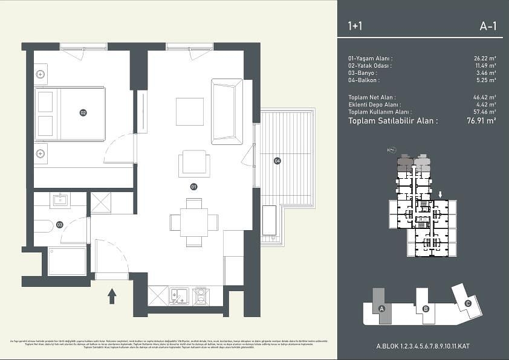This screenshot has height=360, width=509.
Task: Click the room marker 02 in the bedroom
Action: click(x=83, y=112)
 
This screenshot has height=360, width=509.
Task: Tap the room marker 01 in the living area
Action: click(x=194, y=187)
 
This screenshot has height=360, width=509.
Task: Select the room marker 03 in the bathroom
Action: click(x=59, y=225)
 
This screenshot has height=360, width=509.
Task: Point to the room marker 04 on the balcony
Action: click(x=277, y=161)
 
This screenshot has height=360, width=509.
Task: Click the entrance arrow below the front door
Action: click(x=111, y=295)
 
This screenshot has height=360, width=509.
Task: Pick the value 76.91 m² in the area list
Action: click(x=481, y=121)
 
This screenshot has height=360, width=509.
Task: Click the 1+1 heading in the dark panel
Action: click(x=355, y=26)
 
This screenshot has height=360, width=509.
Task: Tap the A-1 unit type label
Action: click(x=487, y=26)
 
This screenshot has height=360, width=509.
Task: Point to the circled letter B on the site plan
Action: click(x=426, y=309)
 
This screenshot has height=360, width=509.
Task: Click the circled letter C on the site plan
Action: click(x=467, y=304)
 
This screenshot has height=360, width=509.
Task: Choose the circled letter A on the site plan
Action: click(x=381, y=309)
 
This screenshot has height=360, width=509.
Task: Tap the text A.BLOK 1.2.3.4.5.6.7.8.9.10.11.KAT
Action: click(x=423, y=346)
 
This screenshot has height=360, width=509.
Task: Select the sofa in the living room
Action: click(x=227, y=112)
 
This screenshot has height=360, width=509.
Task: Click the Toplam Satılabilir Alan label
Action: click(x=393, y=121)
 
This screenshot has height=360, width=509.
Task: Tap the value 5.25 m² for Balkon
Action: click(x=485, y=80)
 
